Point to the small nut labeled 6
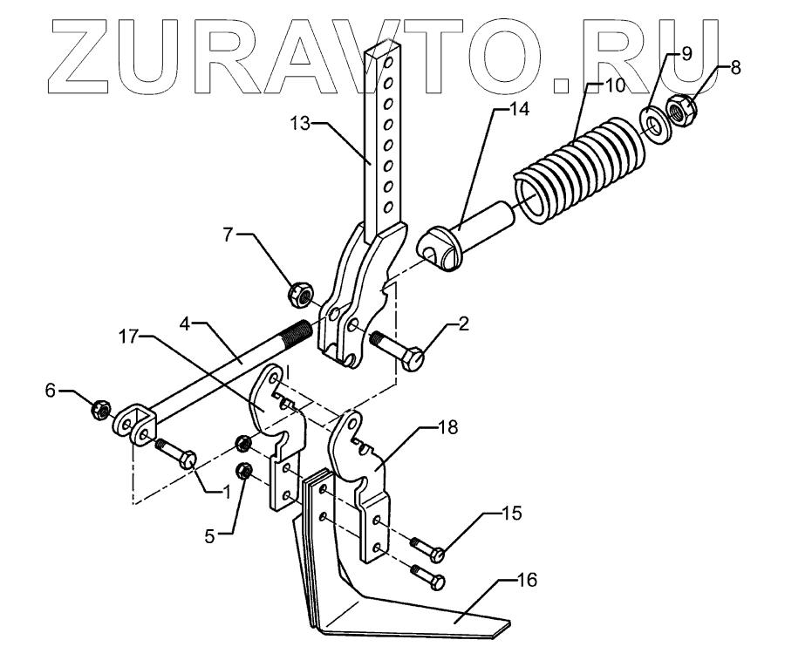point(100,407)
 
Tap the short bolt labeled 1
point(179,453)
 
